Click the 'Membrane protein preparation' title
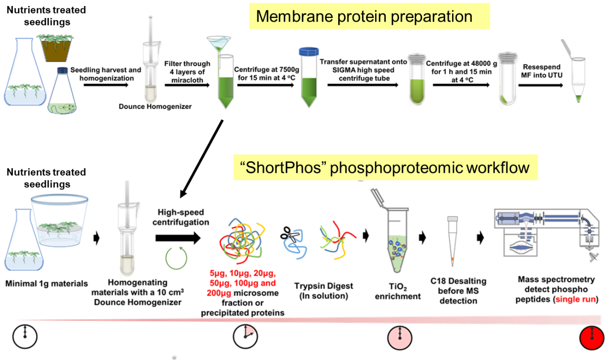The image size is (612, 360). click(x=364, y=17)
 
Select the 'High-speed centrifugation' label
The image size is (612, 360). click(x=180, y=217)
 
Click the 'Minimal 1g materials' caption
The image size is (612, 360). click(x=47, y=283)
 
